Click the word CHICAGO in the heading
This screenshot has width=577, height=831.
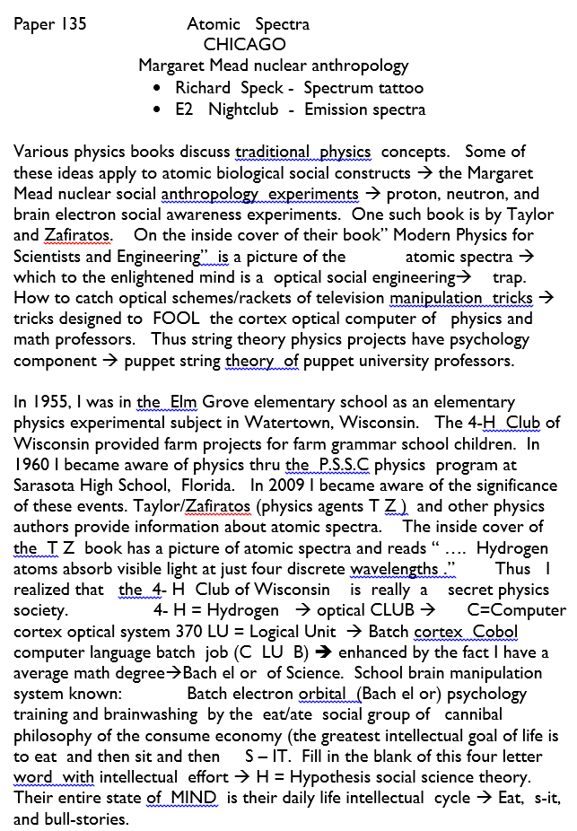[244, 44]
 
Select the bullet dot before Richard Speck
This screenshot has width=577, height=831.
[157, 89]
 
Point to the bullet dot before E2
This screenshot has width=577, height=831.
[157, 110]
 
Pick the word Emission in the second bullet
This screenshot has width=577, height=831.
[334, 109]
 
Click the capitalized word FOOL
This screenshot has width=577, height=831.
[175, 319]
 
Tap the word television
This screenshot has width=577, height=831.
[345, 297]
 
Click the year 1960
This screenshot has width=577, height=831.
[32, 466]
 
